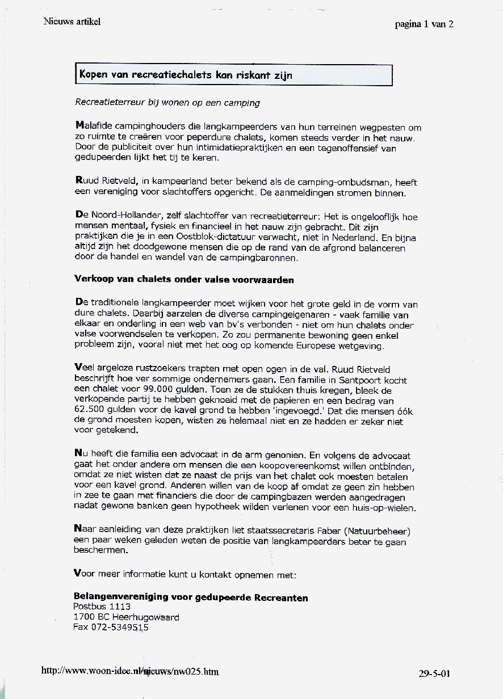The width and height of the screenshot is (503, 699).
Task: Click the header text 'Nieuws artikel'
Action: [x=72, y=22]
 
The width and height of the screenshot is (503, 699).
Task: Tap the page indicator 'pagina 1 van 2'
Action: [x=424, y=24]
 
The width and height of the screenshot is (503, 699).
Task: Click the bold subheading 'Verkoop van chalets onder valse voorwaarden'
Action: [x=183, y=279]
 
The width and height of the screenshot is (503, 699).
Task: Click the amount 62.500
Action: [x=91, y=410]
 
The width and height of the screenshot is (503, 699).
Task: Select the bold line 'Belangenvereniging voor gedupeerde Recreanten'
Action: [x=191, y=597]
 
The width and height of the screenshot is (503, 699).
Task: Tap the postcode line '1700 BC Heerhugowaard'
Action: [x=126, y=617]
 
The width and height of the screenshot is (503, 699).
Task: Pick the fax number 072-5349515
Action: [x=111, y=627]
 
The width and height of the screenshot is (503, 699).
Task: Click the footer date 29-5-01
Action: [x=434, y=673]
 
